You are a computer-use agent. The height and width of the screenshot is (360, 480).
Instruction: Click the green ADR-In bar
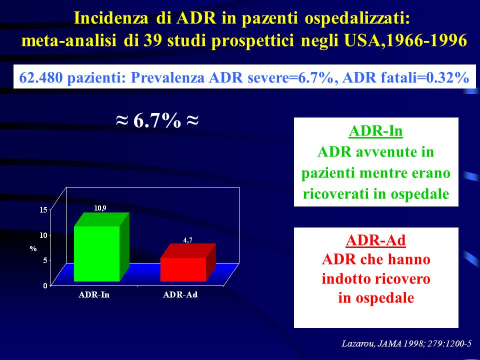coord(101,247)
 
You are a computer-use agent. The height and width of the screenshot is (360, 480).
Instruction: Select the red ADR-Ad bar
coord(188,262)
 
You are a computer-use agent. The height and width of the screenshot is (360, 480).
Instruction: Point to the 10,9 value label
coord(100,208)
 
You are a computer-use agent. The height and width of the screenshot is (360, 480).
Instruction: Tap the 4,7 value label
coord(188,240)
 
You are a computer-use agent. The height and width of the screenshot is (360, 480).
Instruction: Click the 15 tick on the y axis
coord(43,209)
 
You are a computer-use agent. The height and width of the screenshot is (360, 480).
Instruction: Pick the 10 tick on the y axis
coord(43,235)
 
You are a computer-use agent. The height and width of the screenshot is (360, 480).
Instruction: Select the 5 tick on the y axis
coord(45,260)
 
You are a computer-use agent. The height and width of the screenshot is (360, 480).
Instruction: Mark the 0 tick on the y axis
coord(45,285)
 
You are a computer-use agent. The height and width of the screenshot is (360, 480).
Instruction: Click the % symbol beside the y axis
coord(33,248)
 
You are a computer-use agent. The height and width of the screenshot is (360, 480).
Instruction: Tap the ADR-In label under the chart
coord(94,295)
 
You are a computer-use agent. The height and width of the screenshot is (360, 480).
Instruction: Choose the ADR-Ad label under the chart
coord(180,295)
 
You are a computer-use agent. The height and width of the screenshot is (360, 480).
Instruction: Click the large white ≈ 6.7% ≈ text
coord(157,120)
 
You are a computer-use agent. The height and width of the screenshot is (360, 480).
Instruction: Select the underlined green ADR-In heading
coord(375,131)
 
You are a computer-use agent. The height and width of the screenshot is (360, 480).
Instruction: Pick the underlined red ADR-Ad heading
coord(375,240)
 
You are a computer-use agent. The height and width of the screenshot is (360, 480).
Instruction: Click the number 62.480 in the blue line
coord(41,77)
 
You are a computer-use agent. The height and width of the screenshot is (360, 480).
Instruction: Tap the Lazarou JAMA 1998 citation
coord(406,343)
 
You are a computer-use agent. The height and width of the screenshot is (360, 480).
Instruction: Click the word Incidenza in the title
coord(111,18)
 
